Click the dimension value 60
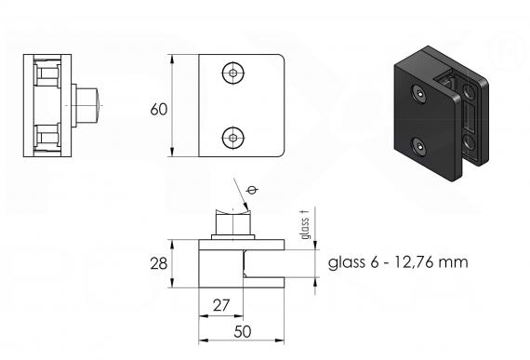[x=158, y=110]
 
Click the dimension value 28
[x=158, y=263]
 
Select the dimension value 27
[x=221, y=305]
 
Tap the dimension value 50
[x=243, y=331]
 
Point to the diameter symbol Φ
[x=253, y=190]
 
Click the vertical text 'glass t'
[x=305, y=224]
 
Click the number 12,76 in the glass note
[x=414, y=262]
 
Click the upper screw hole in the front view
[x=233, y=73]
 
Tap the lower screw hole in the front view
[x=233, y=138]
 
